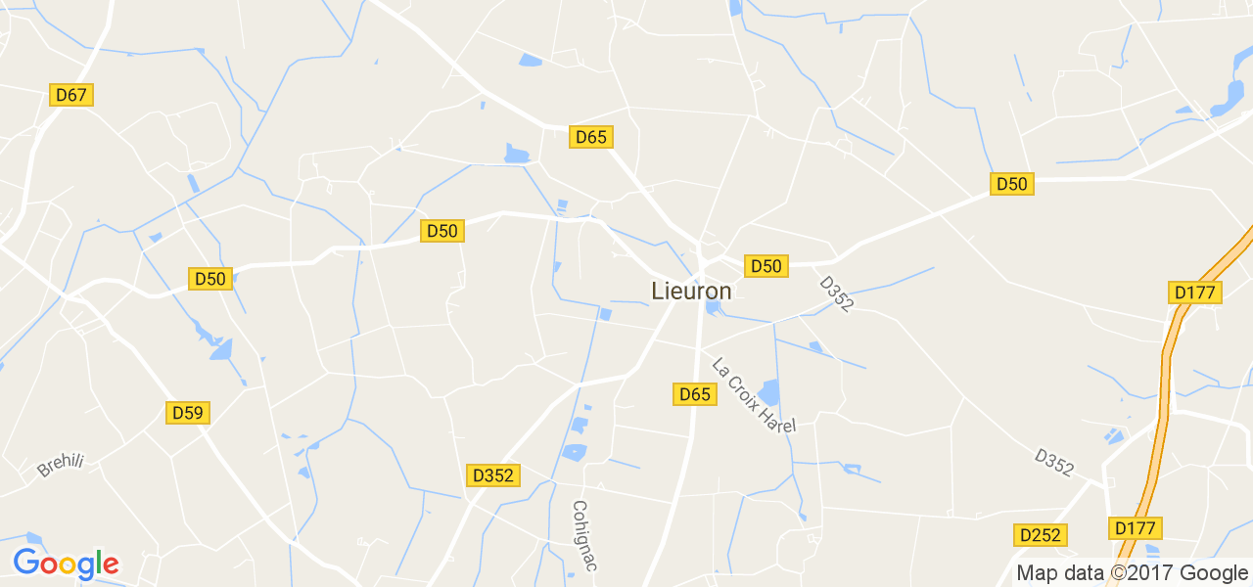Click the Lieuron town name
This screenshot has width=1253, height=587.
click(x=691, y=292)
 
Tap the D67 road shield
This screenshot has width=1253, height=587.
click(x=71, y=95)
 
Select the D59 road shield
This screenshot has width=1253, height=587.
click(x=187, y=413)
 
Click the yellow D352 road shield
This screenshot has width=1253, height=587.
click(x=492, y=475)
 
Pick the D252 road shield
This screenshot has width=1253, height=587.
click(x=1040, y=535)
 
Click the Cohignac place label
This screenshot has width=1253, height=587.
click(x=584, y=535)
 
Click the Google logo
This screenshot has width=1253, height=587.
click(x=66, y=564)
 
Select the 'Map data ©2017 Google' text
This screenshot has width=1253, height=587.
click(x=1132, y=573)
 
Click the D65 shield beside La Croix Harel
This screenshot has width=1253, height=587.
click(x=694, y=394)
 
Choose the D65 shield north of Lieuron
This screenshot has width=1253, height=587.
click(x=591, y=137)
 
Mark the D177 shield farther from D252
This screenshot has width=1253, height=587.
click(x=1195, y=293)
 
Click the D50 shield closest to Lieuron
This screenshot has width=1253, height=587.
click(x=766, y=266)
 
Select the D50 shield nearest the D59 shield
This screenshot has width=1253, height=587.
click(x=209, y=279)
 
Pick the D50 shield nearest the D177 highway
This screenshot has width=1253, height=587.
click(x=1012, y=184)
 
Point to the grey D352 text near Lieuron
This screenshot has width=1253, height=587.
click(x=836, y=293)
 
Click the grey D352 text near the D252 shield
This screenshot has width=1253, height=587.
click(x=1053, y=463)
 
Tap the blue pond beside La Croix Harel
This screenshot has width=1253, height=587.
click(x=769, y=392)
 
